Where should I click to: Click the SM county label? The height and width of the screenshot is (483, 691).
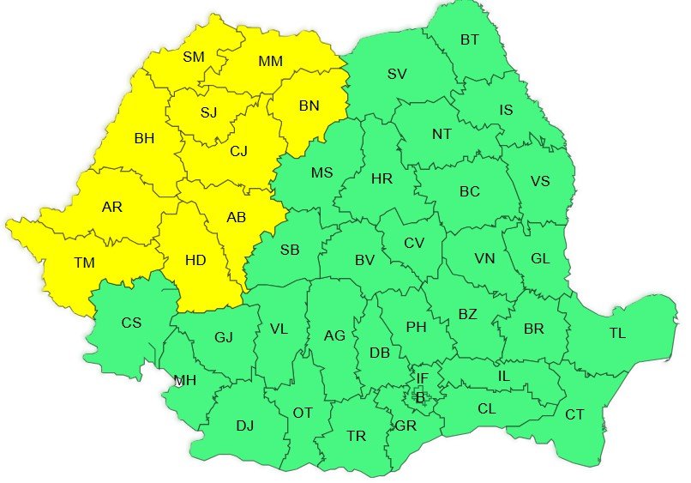point(194,57)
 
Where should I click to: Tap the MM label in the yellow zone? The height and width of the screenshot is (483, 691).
point(270,62)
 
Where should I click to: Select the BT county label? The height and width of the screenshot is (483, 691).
point(470,39)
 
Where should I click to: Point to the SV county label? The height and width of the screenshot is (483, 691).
point(396,74)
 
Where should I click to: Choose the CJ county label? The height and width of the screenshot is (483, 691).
point(238,151)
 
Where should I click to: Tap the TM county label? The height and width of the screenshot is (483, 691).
point(84,263)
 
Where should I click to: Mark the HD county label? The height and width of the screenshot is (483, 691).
point(195,258)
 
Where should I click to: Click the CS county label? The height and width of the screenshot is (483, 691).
point(131,323)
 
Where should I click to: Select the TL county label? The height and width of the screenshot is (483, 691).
point(617,334)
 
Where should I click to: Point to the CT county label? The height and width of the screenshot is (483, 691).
point(574,415)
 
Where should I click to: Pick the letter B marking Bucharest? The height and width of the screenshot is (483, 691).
point(420,396)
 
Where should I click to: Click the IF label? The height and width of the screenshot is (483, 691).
point(421,377)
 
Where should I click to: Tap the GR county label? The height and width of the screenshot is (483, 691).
point(406,426)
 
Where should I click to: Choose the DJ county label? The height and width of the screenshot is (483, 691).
point(245,425)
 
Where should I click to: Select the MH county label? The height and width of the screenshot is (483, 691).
point(184,380)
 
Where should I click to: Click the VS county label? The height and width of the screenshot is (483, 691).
point(540,181)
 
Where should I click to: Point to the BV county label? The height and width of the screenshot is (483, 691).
point(365,260)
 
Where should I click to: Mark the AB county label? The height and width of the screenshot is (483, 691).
point(237,218)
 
